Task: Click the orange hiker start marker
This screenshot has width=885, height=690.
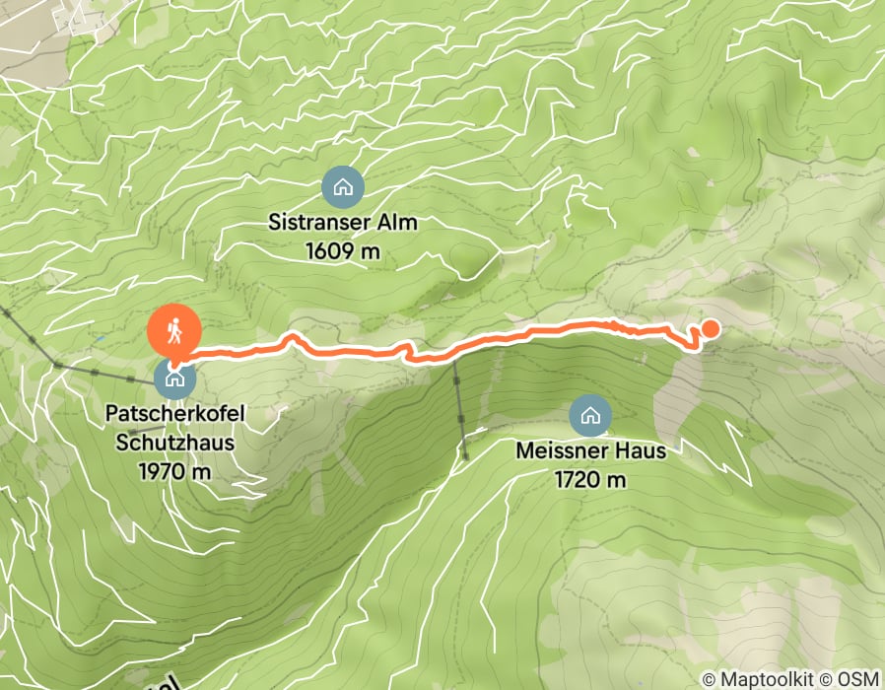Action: tap(174, 332)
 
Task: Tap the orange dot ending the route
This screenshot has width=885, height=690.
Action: tap(709, 330)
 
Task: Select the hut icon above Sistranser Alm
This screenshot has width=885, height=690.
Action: tap(343, 185)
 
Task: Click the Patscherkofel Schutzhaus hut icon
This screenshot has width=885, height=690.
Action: tap(174, 376)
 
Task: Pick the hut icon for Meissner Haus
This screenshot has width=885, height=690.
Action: tap(590, 415)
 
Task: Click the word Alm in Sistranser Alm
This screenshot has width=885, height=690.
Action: tap(400, 223)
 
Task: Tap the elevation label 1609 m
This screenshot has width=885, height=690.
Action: tap(343, 250)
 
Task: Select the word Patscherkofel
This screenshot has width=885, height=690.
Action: tap(174, 415)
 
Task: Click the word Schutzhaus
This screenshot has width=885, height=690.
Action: tap(174, 443)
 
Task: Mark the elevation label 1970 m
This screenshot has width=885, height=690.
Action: tap(174, 470)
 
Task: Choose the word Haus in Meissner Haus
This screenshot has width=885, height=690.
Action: tap(644, 452)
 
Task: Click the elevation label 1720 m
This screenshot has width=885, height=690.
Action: tap(590, 480)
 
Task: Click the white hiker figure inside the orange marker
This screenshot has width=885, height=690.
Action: tap(174, 330)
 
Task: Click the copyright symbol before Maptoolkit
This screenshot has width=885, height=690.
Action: tap(711, 679)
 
